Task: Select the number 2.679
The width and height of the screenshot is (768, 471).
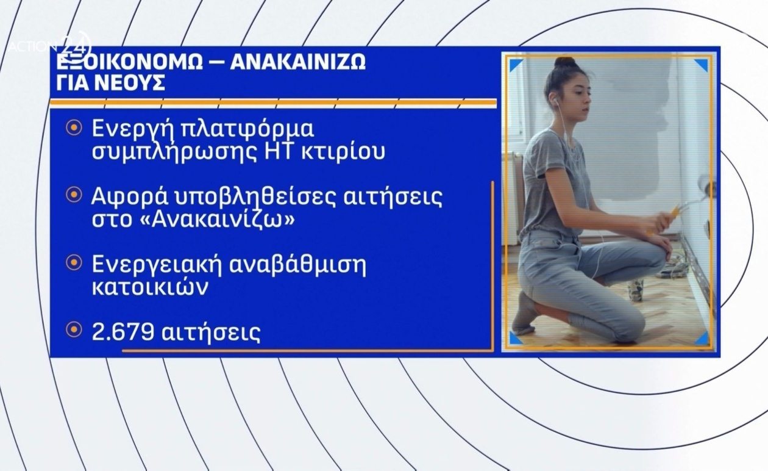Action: (121, 333)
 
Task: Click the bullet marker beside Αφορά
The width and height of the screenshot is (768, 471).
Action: (74, 195)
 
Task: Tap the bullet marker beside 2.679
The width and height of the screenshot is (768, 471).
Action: (74, 330)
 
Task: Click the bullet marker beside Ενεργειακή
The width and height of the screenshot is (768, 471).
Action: (74, 263)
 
